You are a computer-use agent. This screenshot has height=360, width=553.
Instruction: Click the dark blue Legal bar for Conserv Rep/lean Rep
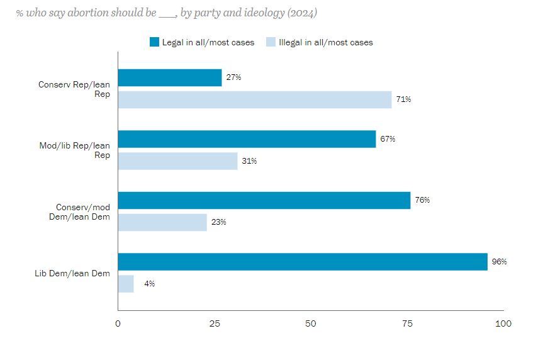tap(170, 77)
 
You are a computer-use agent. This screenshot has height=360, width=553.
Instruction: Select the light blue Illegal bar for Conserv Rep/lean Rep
tap(255, 99)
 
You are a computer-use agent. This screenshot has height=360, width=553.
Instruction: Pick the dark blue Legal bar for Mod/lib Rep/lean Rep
tap(247, 139)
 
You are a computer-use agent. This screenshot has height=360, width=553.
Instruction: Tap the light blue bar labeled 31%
tap(177, 161)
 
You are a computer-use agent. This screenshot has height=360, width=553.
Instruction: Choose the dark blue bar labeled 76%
tap(264, 200)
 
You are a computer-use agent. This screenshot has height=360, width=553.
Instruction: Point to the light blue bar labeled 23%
tap(162, 222)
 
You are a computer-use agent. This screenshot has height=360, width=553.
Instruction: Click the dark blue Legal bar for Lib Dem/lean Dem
tap(303, 262)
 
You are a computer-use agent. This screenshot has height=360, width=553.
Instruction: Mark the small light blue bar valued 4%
tap(126, 284)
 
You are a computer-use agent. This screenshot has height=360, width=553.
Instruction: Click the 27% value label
tap(233, 77)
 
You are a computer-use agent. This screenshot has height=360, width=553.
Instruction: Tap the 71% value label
tap(403, 99)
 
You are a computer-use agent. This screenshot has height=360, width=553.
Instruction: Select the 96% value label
tap(500, 262)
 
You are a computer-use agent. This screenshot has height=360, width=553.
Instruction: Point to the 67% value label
tap(388, 139)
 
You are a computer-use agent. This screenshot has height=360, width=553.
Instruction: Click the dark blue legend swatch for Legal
tap(154, 42)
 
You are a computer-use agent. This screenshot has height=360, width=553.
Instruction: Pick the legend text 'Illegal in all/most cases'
tap(326, 42)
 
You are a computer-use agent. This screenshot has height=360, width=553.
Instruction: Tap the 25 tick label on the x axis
tap(215, 323)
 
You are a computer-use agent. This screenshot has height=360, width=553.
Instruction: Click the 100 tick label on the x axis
tap(503, 323)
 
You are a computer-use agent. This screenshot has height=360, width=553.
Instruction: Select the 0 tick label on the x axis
tap(118, 323)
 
